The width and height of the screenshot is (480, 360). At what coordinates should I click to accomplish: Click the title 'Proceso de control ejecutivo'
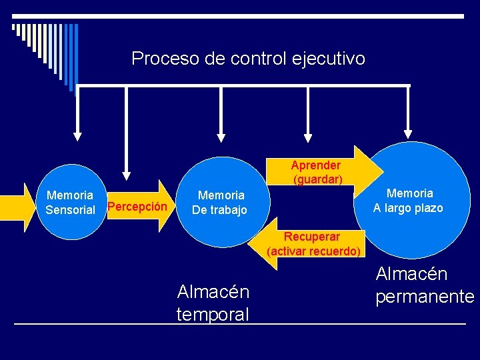tap(248, 59)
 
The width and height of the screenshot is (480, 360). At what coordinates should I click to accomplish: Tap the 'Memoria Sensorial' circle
tap(69, 203)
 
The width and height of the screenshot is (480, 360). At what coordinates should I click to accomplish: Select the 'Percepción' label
tap(137, 207)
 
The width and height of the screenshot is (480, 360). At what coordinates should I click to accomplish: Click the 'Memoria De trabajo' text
tap(220, 203)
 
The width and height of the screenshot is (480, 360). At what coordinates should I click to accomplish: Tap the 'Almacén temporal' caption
tap(213, 303)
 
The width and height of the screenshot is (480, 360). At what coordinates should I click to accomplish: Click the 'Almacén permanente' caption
tap(425, 285)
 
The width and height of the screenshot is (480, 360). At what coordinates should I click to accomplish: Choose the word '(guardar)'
tap(317, 179)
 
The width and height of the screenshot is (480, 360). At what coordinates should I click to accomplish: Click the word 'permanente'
tap(425, 297)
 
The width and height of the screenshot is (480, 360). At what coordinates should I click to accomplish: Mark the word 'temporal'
tap(213, 314)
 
